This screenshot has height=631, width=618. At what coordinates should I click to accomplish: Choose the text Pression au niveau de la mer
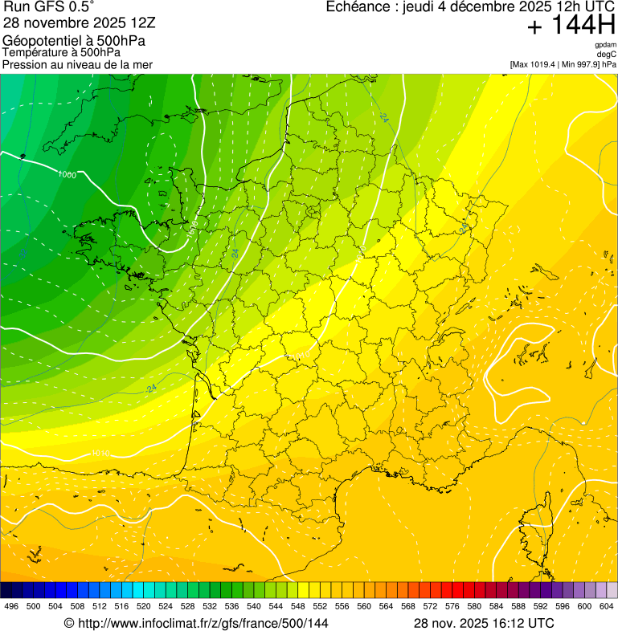[x=77, y=64]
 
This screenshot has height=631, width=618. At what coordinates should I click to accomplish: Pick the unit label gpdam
[x=605, y=45]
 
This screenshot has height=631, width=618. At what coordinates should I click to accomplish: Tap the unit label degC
[x=606, y=54]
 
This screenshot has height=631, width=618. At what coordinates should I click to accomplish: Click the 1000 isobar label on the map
[x=68, y=174]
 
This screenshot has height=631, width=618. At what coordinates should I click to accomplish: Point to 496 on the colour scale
[x=11, y=606]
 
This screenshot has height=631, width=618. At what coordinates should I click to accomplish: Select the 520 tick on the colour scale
[x=144, y=606]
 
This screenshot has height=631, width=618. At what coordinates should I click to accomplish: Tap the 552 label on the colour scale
[x=320, y=606]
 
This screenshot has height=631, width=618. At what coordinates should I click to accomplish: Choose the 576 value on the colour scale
[x=452, y=606]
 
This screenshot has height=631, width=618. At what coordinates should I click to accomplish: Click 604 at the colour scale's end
[x=607, y=606]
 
